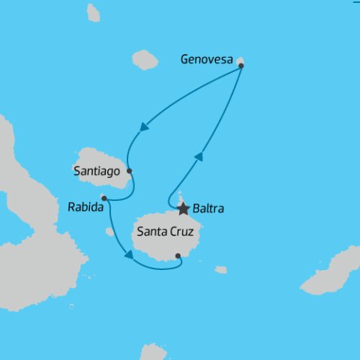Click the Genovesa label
(x=208, y=60)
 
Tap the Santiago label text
(x=97, y=172)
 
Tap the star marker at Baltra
(x=183, y=208)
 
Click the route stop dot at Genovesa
(x=241, y=65)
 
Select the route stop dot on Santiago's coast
(x=130, y=171)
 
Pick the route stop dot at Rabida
(x=103, y=198)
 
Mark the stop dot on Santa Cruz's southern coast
(x=178, y=256)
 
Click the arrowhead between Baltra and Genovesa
(x=199, y=156)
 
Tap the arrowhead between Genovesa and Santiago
(x=141, y=127)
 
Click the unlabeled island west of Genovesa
(x=145, y=59)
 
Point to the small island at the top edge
(x=93, y=12)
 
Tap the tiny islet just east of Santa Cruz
(x=220, y=269)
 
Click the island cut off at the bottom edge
(x=153, y=352)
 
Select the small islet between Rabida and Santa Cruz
(x=110, y=232)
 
